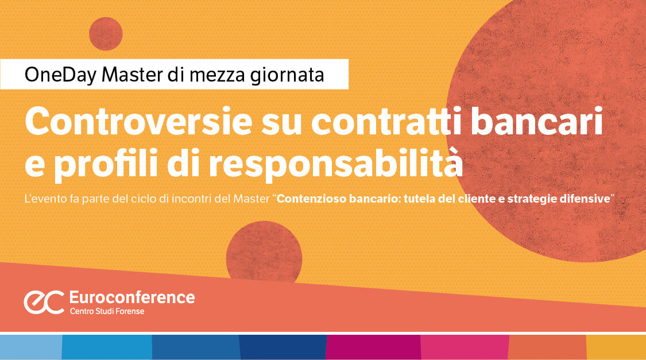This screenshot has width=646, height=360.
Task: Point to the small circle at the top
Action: (x=106, y=34)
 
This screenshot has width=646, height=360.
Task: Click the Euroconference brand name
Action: (x=131, y=297)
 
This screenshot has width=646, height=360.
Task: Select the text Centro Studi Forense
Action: (x=107, y=311)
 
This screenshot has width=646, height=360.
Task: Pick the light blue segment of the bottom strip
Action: (x=30, y=347)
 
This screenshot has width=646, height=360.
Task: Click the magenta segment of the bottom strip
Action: (x=373, y=347)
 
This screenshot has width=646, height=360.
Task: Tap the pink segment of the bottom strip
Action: (x=464, y=347)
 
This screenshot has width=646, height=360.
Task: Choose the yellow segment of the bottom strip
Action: (x=616, y=347)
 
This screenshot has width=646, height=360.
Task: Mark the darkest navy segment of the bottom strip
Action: (x=283, y=347)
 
